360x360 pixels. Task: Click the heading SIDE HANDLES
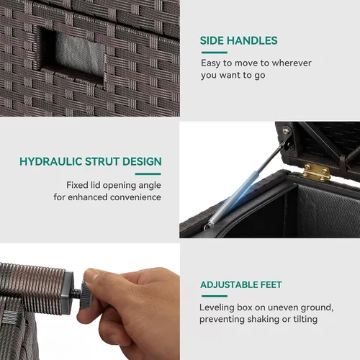click(238, 40)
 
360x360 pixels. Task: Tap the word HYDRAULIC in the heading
click(51, 161)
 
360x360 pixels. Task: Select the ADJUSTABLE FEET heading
click(241, 284)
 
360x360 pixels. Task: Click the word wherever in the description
click(292, 63)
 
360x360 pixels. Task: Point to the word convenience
click(135, 197)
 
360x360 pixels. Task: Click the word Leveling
click(217, 308)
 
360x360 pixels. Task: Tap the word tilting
click(305, 320)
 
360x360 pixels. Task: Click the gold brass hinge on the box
click(317, 172)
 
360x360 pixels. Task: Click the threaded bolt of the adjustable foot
click(77, 292)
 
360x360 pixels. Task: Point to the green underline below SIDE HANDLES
click(214, 53)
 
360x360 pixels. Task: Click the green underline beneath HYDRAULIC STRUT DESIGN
click(148, 174)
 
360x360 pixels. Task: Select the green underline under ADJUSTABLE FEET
click(215, 296)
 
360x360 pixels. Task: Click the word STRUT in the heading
click(102, 161)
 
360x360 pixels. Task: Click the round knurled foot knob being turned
click(86, 294)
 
